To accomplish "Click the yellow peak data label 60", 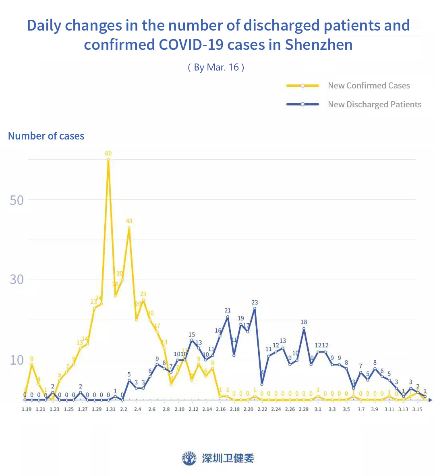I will click(x=108, y=153).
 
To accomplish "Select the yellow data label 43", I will click(x=129, y=221).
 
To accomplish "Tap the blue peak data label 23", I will click(x=255, y=302).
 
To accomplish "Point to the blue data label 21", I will click(x=228, y=310).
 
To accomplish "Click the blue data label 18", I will click(x=304, y=322).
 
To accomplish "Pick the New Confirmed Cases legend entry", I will click(x=369, y=86).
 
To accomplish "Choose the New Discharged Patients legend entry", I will click(x=374, y=105).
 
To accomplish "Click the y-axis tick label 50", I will click(x=17, y=200).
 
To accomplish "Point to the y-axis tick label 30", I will click(x=17, y=279).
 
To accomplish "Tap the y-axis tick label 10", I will click(x=17, y=360).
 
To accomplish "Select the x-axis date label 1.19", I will click(x=27, y=409).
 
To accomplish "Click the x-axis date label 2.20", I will click(x=249, y=409).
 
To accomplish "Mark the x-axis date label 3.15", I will click(x=417, y=409).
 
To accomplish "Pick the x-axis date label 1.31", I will click(x=110, y=409).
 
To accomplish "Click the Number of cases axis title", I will click(x=46, y=136).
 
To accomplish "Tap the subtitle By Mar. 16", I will click(x=216, y=67).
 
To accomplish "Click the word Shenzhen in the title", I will click(x=319, y=44).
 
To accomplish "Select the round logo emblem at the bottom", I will click(x=189, y=458).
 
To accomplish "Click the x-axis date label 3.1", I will click(x=318, y=409).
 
